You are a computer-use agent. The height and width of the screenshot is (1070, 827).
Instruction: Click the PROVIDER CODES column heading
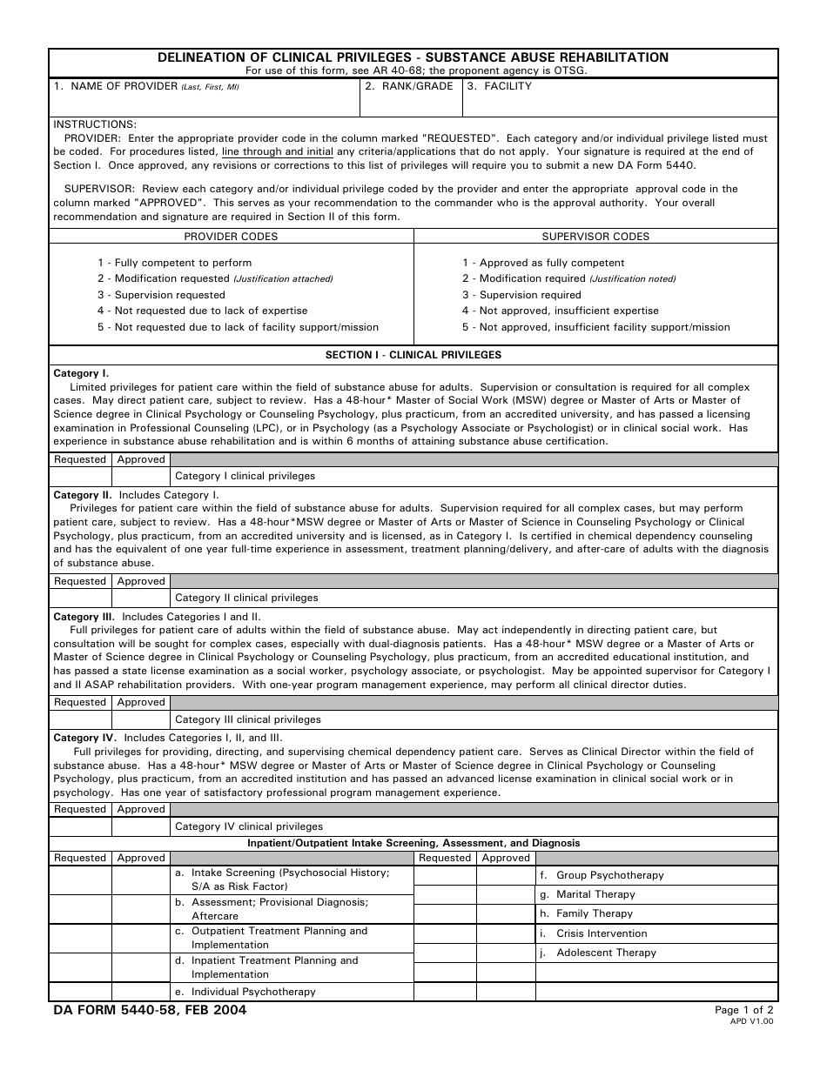click(231, 237)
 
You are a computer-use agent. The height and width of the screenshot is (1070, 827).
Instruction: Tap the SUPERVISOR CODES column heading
click(595, 237)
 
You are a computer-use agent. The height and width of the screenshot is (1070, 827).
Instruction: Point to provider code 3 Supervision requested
click(149, 295)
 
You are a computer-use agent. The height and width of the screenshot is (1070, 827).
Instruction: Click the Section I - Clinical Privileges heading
click(413, 355)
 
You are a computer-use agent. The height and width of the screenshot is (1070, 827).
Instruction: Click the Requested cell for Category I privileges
click(80, 477)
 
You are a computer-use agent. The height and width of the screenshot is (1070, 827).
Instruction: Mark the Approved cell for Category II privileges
click(141, 598)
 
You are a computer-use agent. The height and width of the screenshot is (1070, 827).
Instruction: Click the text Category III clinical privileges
click(248, 719)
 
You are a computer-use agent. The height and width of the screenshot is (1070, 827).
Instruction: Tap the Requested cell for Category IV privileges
click(80, 826)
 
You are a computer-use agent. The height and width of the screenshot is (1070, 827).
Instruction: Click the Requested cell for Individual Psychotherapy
click(80, 992)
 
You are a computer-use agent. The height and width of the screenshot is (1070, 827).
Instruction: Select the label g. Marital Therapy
click(595, 894)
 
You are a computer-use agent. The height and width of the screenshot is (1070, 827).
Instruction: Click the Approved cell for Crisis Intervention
click(506, 933)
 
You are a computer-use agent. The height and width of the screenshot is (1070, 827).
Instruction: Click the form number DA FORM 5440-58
click(147, 1011)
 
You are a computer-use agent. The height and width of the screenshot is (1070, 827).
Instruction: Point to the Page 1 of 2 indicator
click(743, 1010)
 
